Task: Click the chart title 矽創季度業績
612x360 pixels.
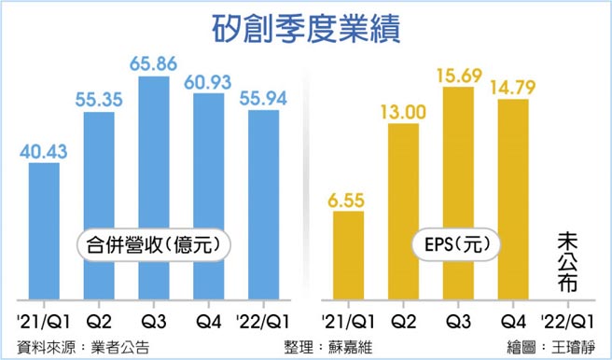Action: click(x=306, y=29)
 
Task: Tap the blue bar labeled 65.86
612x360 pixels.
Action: click(x=154, y=187)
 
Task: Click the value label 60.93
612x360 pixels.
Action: click(x=207, y=81)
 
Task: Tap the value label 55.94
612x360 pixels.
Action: click(x=261, y=98)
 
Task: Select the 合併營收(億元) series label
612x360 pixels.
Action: click(x=152, y=246)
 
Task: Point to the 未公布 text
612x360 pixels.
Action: click(x=566, y=265)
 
